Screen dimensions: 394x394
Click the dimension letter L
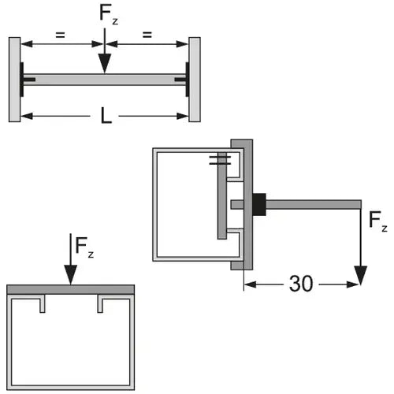tap(106, 116)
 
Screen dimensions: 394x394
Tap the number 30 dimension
tap(301, 284)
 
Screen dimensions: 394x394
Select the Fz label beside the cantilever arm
tap(378, 221)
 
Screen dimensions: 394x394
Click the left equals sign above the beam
tap(60, 35)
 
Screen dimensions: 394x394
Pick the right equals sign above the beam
tap(147, 35)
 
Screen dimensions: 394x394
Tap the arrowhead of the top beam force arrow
tap(105, 64)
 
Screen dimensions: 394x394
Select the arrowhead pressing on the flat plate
tap(71, 275)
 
